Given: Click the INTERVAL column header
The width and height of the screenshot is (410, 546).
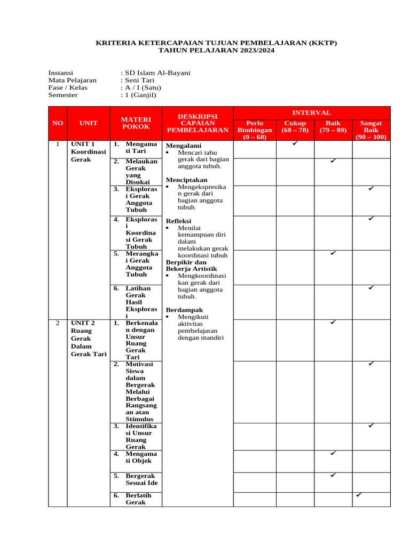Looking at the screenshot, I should (311, 113).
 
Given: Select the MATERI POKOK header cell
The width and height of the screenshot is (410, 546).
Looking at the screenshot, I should (136, 123).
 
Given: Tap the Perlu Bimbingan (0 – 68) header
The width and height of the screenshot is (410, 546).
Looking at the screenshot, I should (255, 130).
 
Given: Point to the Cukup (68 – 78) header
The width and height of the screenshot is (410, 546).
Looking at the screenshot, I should (295, 127).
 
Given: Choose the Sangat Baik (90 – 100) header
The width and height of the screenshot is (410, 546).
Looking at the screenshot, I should (371, 130).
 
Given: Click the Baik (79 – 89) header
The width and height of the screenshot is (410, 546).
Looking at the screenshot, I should (333, 127).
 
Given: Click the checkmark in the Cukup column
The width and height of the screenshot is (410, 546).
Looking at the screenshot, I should (295, 143).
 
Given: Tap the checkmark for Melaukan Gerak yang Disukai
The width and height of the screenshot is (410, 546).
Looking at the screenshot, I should (333, 160).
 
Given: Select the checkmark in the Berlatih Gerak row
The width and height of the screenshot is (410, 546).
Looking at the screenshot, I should (359, 495).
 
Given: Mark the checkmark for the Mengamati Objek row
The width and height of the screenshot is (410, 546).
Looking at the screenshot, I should (333, 453).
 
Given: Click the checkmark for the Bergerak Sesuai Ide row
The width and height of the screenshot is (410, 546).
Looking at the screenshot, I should (333, 475).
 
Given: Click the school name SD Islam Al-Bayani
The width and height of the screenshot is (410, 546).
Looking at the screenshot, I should (157, 73).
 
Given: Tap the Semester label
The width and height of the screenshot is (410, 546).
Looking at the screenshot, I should (63, 95).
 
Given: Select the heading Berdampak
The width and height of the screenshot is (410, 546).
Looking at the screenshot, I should (184, 310).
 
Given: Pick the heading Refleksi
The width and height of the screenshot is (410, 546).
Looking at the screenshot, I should (178, 221).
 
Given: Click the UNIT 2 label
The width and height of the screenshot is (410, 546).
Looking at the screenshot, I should (83, 323).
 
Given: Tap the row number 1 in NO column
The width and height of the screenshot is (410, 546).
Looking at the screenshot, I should (57, 144).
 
